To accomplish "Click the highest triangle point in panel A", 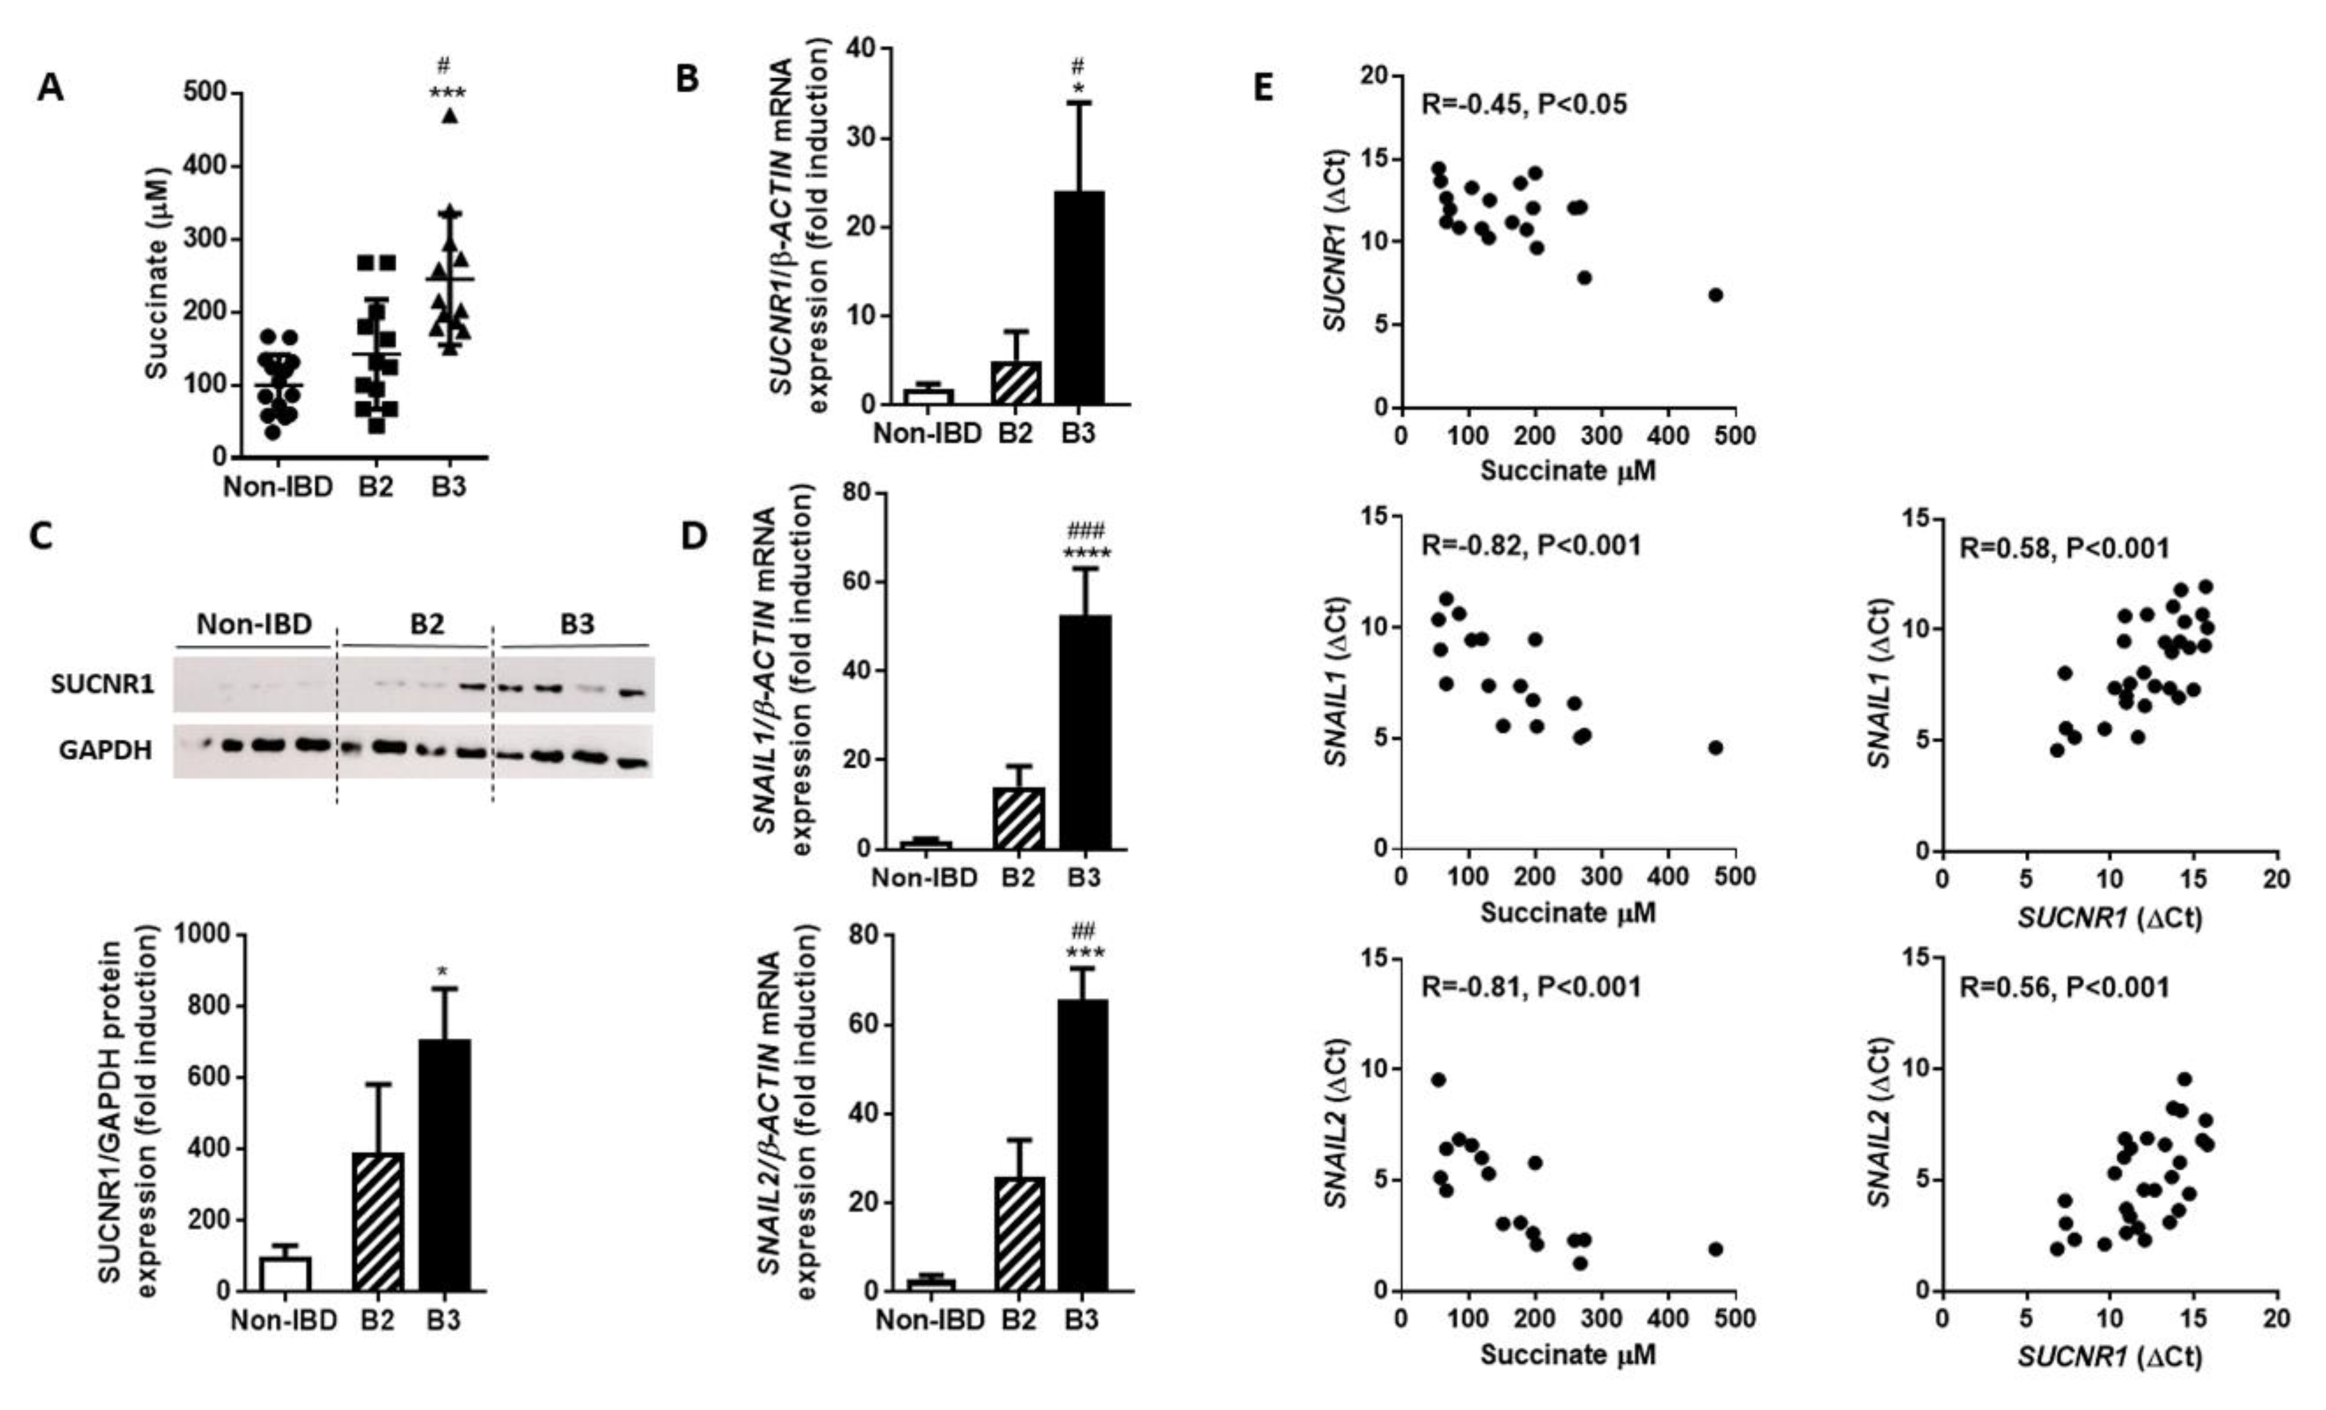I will pyautogui.click(x=451, y=116).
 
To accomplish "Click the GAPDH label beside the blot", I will pyautogui.click(x=105, y=751).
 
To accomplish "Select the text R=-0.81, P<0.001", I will pyautogui.click(x=1530, y=987).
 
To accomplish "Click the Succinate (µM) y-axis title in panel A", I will pyautogui.click(x=156, y=274).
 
